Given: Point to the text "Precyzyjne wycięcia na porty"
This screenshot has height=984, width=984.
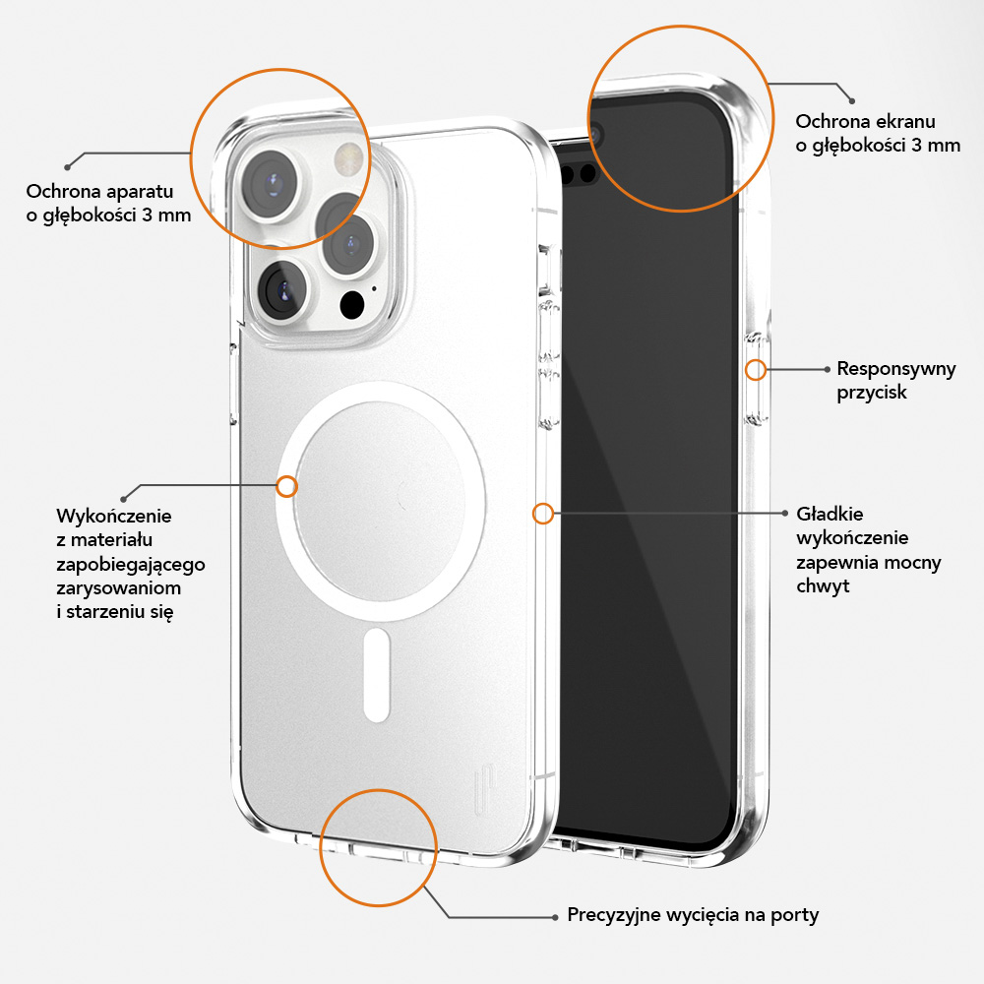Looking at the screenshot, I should [693, 915].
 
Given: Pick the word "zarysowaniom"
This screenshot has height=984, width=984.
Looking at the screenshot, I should [118, 587].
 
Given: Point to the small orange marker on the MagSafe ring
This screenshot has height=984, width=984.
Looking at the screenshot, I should [287, 486].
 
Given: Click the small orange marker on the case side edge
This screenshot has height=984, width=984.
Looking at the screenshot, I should [542, 513].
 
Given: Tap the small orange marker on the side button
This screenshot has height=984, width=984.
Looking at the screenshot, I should [756, 370].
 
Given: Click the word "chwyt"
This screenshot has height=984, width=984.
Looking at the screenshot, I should [823, 586].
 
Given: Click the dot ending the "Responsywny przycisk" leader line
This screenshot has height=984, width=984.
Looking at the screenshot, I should [826, 370].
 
